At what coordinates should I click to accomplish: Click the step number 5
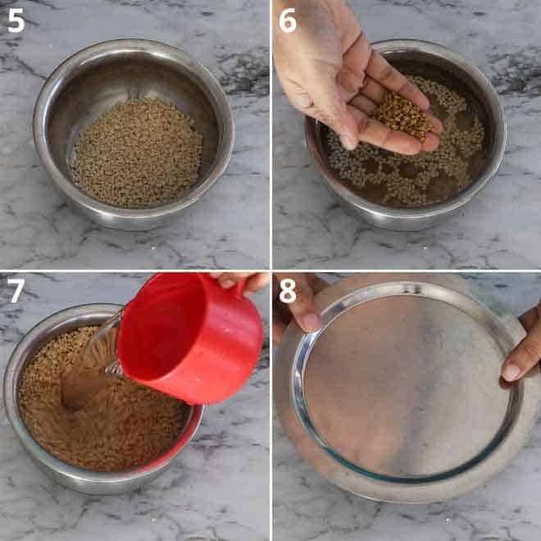coord(16,20)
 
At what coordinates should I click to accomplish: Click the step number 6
coord(288,20)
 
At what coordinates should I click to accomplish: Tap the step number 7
coord(16,290)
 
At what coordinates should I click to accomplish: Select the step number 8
coord(288,290)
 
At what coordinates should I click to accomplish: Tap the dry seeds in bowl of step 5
coord(136,152)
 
